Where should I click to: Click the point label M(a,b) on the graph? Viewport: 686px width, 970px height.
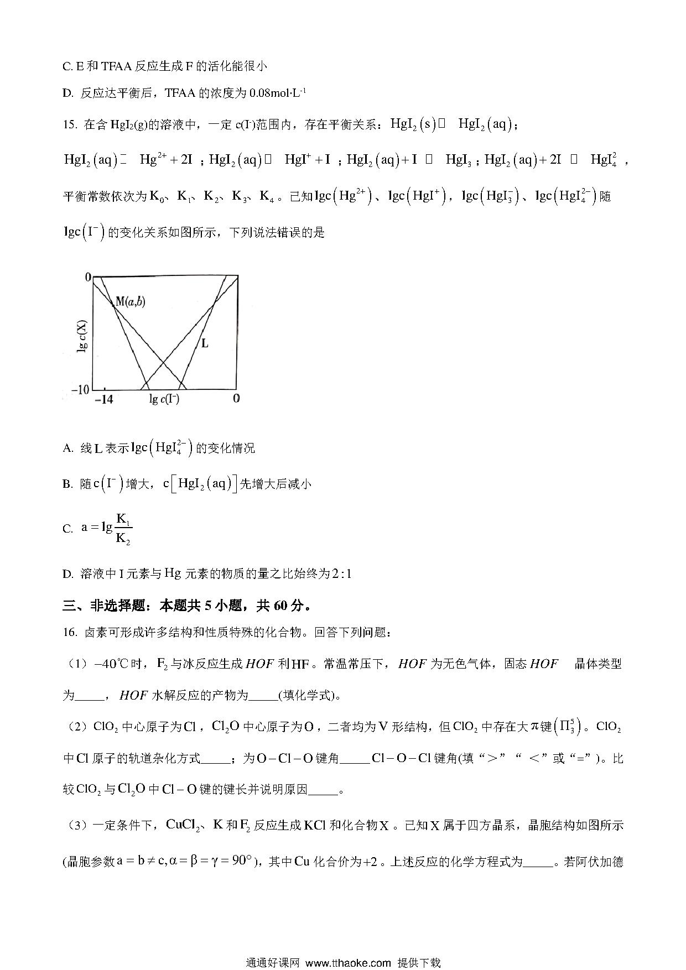tap(131, 301)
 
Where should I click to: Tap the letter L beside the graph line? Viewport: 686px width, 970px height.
tap(205, 343)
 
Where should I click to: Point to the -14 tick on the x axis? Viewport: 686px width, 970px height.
tap(104, 399)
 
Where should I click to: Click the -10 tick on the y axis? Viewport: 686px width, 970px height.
tap(81, 389)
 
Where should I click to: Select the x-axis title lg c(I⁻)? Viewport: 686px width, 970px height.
tap(164, 399)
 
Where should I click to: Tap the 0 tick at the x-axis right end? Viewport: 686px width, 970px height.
tap(236, 399)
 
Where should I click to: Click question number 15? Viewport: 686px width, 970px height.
tap(69, 124)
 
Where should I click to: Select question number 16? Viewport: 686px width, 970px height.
tap(69, 632)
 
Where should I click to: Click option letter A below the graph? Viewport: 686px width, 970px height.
tap(68, 449)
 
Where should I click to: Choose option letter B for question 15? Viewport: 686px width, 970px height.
tap(67, 484)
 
